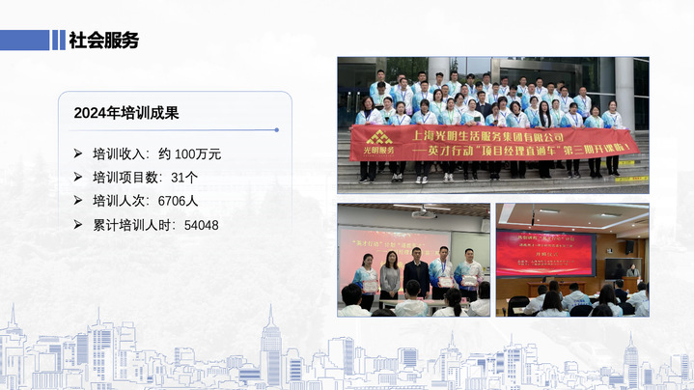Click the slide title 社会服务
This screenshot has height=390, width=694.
pyautogui.click(x=103, y=40)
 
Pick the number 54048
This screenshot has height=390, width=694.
pyautogui.click(x=201, y=225)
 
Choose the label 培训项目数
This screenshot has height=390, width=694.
pyautogui.click(x=125, y=178)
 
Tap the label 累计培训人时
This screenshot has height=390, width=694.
pyautogui.click(x=132, y=225)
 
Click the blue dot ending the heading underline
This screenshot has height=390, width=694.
pyautogui.click(x=277, y=129)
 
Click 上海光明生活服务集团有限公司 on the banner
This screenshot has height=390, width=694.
pyautogui.click(x=502, y=136)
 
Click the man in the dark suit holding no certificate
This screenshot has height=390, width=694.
pyautogui.click(x=416, y=274)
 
